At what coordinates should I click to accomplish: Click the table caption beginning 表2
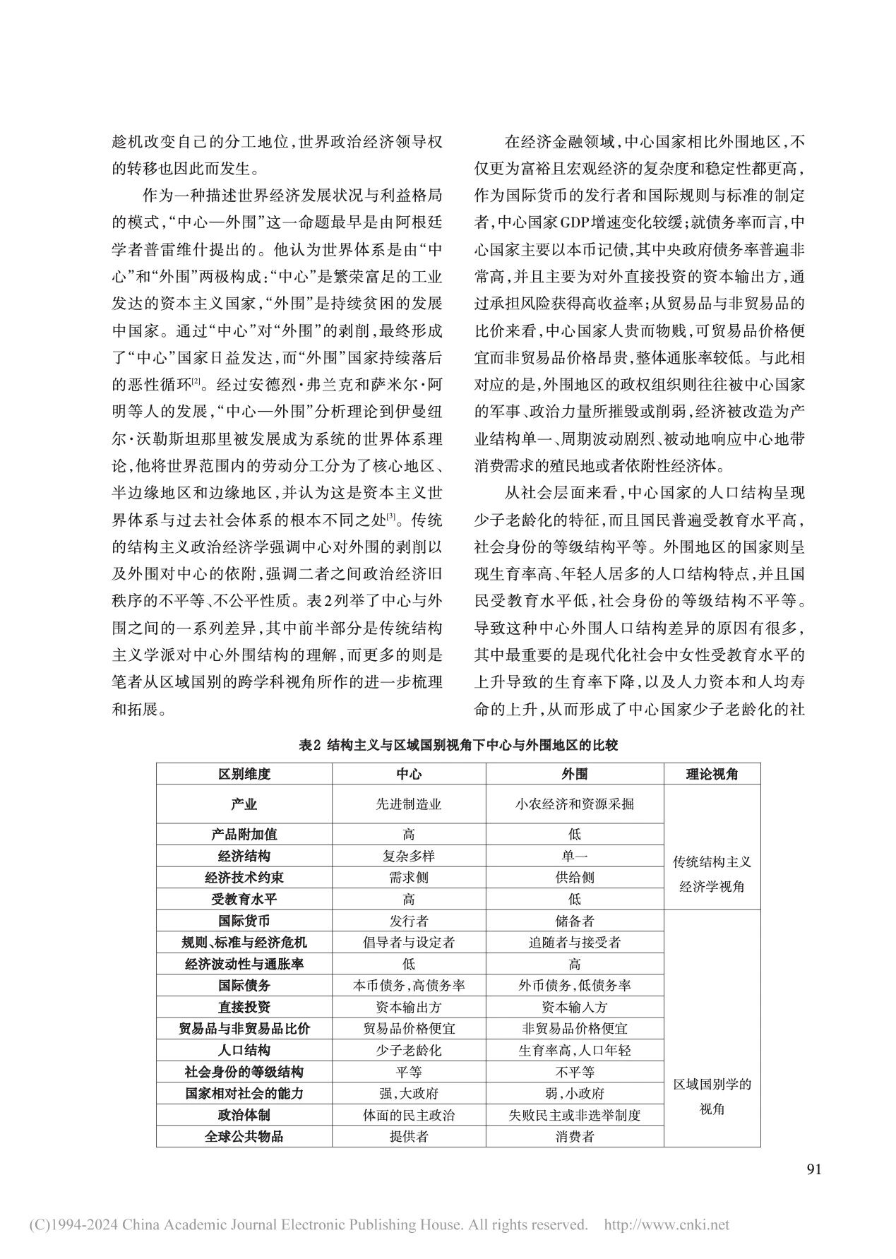[458, 745]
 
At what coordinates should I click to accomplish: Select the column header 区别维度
[244, 774]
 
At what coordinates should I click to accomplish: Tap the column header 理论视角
[712, 774]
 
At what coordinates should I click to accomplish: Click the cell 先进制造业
[409, 804]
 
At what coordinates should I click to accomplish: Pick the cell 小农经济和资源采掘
[575, 804]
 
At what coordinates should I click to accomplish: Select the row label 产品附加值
[244, 834]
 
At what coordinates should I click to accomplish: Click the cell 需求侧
[409, 878]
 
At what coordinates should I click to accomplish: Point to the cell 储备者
[575, 921]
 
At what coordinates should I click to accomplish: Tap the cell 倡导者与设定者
[409, 942]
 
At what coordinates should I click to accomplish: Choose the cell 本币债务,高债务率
[409, 986]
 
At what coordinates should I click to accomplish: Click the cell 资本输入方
[575, 1007]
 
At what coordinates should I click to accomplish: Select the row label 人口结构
[244, 1050]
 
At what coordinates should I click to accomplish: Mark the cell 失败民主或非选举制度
[575, 1115]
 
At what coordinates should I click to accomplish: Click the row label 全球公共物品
[244, 1136]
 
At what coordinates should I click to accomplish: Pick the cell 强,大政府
[409, 1093]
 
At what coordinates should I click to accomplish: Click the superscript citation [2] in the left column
[196, 382]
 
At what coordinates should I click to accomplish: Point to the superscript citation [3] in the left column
[389, 519]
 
